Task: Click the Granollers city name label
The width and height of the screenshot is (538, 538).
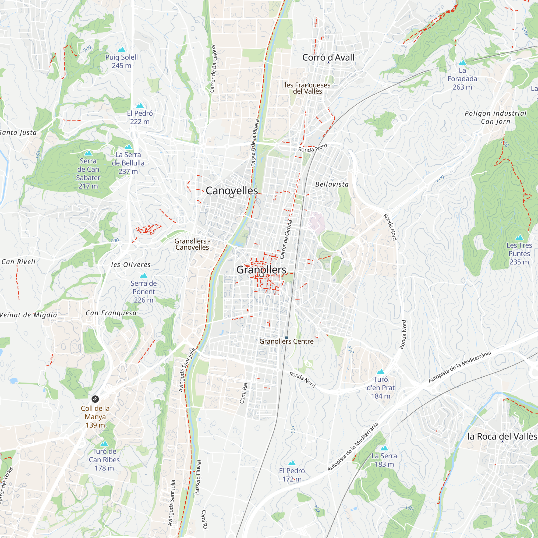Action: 261,270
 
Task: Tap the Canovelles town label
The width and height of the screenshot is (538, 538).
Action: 232,190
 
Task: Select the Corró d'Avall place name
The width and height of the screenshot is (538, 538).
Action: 328,57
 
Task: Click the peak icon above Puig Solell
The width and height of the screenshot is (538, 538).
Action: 121,49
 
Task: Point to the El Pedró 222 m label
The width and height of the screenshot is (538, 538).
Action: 140,117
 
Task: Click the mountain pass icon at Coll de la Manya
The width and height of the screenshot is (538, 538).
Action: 95,399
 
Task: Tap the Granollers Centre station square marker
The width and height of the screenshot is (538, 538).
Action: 286,338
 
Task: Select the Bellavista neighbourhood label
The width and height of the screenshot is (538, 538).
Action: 332,184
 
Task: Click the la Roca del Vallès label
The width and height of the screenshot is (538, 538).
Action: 502,436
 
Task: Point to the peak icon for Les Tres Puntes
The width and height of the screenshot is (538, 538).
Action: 519,238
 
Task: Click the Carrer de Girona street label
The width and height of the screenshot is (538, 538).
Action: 286,239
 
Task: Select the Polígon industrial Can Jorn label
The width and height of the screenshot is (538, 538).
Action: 495,117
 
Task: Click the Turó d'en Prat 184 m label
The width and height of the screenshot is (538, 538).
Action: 380,387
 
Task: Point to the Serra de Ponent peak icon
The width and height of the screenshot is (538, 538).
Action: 143,276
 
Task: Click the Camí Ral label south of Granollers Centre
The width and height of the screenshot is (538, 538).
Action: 244,393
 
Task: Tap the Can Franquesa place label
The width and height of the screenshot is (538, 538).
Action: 111,313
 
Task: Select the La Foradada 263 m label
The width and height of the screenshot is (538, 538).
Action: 462,79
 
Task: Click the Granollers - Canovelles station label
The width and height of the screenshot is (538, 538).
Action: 192,244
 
